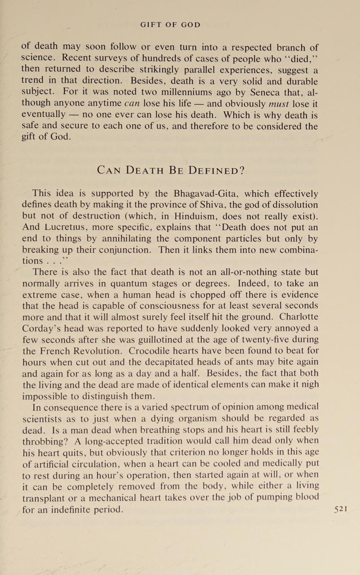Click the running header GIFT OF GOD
pyautogui.click(x=170, y=25)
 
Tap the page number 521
pyautogui.click(x=340, y=509)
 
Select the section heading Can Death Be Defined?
pyautogui.click(x=171, y=170)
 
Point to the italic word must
pyautogui.click(x=279, y=104)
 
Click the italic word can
pyautogui.click(x=132, y=104)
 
